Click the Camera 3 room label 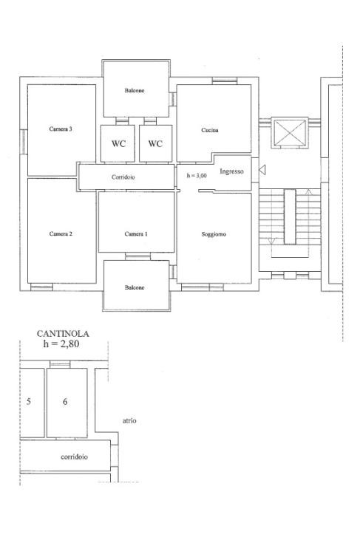[61, 129]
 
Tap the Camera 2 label [61, 234]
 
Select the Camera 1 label [136, 234]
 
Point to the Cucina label [210, 130]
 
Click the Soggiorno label [214, 234]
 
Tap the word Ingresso [231, 171]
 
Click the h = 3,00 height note [197, 175]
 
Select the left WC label [118, 143]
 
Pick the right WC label [155, 143]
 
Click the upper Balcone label [135, 91]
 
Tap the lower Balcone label [135, 287]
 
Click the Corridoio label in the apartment [123, 177]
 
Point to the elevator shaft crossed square [289, 132]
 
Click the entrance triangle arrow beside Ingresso [262, 169]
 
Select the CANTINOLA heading [63, 334]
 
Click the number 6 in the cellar [65, 402]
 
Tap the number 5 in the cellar [29, 402]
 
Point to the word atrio [129, 420]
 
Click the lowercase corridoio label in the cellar [75, 457]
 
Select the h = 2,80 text [61, 344]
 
